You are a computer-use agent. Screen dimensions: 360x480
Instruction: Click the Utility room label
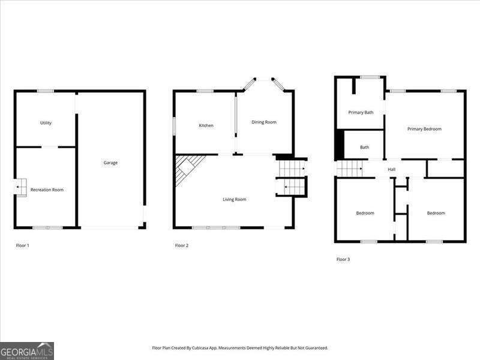pos(46,123)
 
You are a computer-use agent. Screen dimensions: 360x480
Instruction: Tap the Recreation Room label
pos(47,190)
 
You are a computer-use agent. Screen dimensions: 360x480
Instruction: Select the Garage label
pos(110,163)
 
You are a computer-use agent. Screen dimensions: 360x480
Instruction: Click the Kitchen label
pos(206,125)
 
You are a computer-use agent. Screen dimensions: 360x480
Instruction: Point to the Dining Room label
pos(264,122)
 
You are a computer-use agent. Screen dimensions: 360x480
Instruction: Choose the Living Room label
pos(235,199)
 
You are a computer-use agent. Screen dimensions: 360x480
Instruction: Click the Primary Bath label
pos(361,112)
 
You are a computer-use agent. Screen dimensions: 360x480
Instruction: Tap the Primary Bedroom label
pos(424,129)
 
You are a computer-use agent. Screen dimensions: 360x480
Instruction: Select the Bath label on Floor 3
pos(365,147)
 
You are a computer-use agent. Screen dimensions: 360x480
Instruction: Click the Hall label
pos(391,169)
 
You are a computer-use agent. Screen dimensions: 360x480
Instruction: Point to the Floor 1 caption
pos(23,245)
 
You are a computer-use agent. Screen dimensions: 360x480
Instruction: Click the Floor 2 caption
pos(182,245)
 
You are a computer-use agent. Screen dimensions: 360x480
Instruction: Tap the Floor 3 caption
pos(343,259)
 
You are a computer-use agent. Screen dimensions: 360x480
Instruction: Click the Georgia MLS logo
pos(27,350)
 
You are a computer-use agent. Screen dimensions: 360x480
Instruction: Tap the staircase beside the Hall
pos(348,169)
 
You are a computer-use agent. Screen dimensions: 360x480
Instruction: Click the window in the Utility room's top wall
pos(46,91)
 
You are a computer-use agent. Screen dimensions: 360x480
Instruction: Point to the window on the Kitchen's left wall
pos(174,125)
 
